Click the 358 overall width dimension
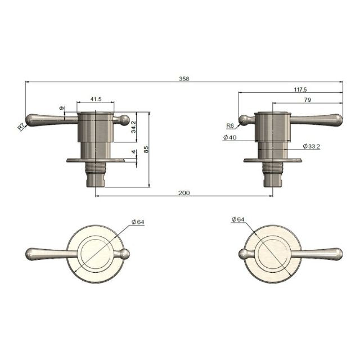pos(184,79)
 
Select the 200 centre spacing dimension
pos(184,193)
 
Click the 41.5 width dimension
pos(96,100)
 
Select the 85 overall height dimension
pos(146,150)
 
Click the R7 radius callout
pos(21,127)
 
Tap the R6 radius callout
pos(230,126)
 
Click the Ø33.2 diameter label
pos(312,146)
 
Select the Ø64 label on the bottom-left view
pos(138,222)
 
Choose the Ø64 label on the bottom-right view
pos(238,219)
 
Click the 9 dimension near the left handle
pos(61,109)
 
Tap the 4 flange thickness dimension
pos(133,152)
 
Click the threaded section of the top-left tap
pos(94,167)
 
